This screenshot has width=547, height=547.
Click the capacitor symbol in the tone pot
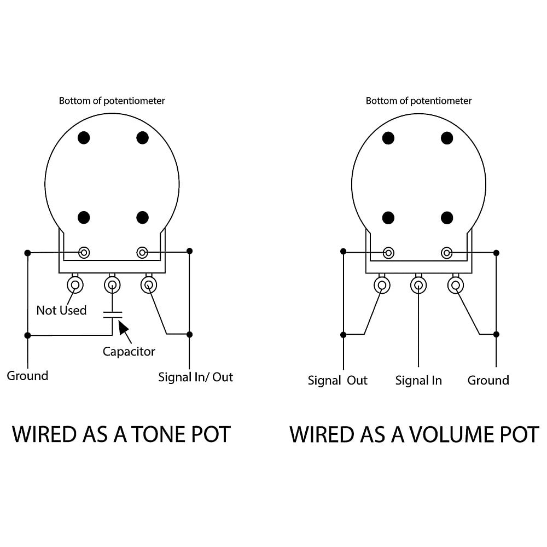pyautogui.click(x=112, y=315)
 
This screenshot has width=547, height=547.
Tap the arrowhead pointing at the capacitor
pyautogui.click(x=123, y=327)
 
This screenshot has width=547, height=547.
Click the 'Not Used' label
pyautogui.click(x=61, y=310)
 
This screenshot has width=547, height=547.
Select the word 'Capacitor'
pyautogui.click(x=129, y=351)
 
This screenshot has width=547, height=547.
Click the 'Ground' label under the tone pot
pyautogui.click(x=27, y=376)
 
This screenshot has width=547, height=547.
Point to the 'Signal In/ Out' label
pyautogui.click(x=195, y=377)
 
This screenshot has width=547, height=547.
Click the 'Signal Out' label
pyautogui.click(x=337, y=380)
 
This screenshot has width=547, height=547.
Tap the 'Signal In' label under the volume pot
pyautogui.click(x=418, y=380)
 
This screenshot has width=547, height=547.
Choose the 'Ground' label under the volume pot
pyautogui.click(x=488, y=380)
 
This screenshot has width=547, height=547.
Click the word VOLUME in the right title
pyautogui.click(x=452, y=434)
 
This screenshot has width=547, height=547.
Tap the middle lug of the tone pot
pyautogui.click(x=112, y=285)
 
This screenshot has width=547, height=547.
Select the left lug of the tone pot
pyautogui.click(x=75, y=285)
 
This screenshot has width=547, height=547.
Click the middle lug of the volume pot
pyautogui.click(x=418, y=286)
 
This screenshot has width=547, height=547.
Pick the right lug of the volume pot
pyautogui.click(x=456, y=286)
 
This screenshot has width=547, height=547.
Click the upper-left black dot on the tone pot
pyautogui.click(x=84, y=138)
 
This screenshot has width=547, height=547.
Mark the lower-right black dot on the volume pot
pyautogui.click(x=447, y=218)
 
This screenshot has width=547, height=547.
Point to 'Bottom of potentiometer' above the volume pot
pyautogui.click(x=418, y=101)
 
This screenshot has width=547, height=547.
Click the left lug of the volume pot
pyautogui.click(x=382, y=286)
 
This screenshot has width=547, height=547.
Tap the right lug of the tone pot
pyautogui.click(x=149, y=285)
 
